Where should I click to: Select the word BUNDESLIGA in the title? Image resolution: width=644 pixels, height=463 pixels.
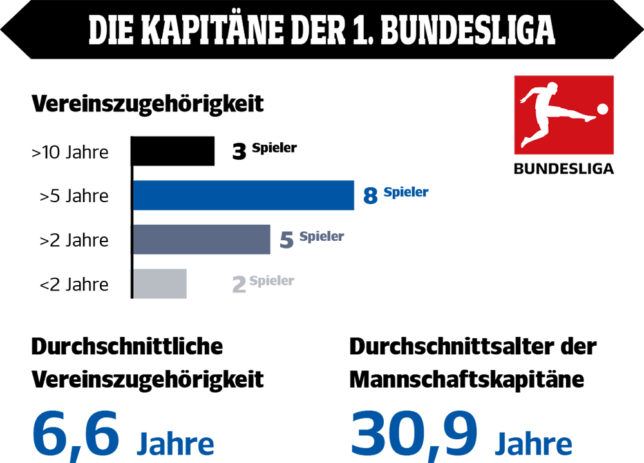(468, 30)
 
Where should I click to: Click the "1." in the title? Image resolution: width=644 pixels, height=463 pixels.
(362, 30)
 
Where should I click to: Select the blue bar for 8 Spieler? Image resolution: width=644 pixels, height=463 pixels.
(243, 195)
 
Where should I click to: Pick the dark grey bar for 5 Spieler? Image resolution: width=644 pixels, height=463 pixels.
(202, 240)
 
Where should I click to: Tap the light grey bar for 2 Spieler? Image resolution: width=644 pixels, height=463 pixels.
(160, 283)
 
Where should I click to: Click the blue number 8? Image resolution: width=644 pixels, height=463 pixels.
(370, 196)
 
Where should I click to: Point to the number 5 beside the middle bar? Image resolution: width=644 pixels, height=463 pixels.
(287, 240)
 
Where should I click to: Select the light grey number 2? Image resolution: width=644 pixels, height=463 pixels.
(239, 285)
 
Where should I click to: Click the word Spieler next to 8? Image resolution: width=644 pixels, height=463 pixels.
(406, 192)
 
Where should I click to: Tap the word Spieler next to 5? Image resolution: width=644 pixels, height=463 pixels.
(321, 236)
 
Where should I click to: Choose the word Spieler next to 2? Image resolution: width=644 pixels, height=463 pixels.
(272, 281)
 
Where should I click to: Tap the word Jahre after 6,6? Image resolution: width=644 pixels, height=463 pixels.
(175, 444)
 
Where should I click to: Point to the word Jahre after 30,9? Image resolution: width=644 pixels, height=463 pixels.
(533, 444)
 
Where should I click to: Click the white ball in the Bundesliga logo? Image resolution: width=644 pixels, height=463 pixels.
(602, 109)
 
